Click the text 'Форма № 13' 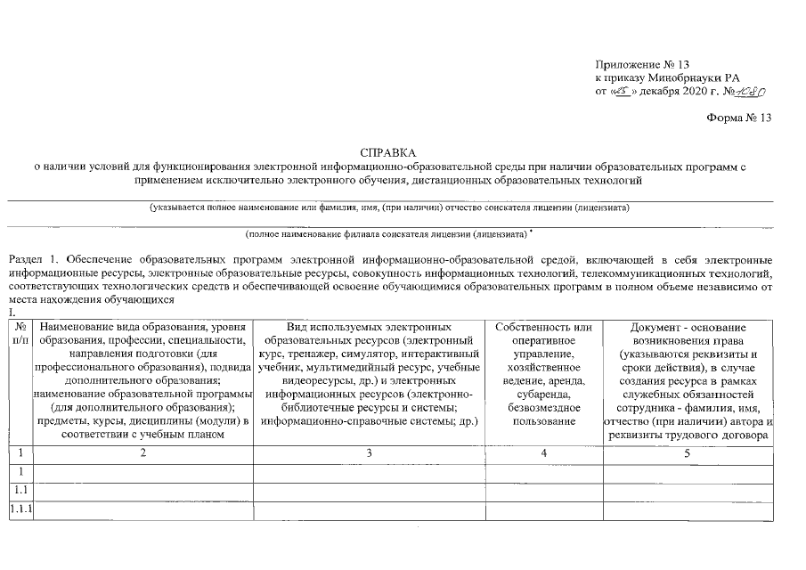[738, 118]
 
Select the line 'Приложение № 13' [642, 64]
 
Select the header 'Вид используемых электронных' [368, 328]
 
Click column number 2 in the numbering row [142, 453]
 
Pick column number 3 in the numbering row [368, 453]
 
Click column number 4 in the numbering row [543, 453]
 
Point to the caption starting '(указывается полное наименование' [389, 208]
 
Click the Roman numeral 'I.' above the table [12, 313]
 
